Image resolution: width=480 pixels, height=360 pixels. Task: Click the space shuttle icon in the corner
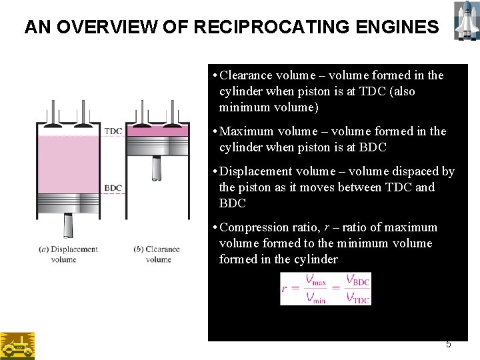(x=464, y=20)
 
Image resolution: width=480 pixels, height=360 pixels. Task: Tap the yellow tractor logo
(x=17, y=345)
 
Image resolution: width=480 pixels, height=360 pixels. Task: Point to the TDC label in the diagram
(x=113, y=131)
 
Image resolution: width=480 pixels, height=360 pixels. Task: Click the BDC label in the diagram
(x=113, y=188)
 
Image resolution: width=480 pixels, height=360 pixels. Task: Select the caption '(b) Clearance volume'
(x=157, y=254)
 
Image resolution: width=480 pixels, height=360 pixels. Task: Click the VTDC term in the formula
(x=357, y=297)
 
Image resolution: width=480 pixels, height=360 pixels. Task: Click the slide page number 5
(x=448, y=344)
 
